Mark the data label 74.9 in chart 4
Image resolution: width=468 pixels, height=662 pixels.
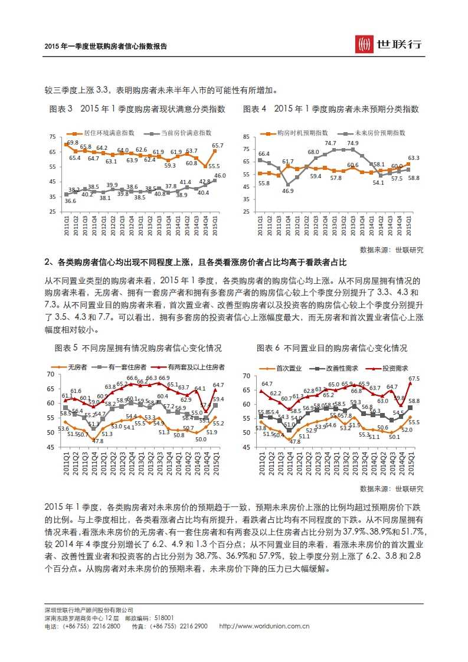click(x=353, y=143)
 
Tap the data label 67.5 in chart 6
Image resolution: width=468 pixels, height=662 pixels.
click(x=414, y=379)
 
